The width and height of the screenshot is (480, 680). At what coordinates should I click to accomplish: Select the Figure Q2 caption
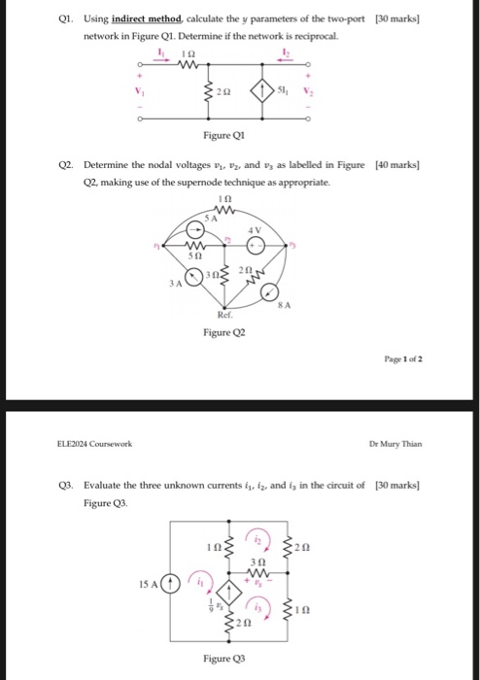224,333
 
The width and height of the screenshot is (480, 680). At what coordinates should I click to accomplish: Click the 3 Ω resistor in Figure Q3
259,574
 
